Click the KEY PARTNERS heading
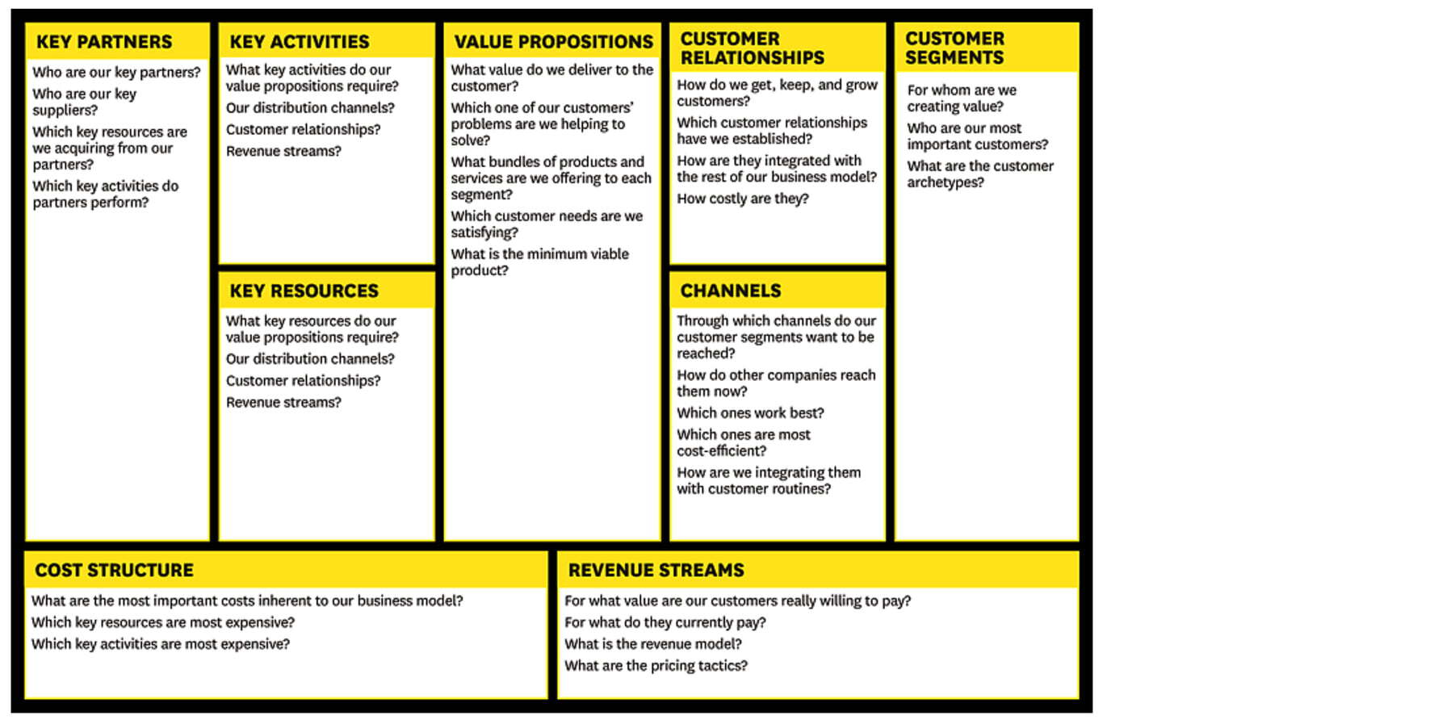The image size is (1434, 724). (104, 42)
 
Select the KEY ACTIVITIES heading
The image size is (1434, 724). (300, 42)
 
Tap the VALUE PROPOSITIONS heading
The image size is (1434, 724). (554, 42)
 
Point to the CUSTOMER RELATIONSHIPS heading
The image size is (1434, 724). (753, 48)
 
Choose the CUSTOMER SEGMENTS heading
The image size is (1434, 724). (954, 48)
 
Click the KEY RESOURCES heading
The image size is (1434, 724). (304, 291)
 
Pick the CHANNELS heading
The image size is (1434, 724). (731, 291)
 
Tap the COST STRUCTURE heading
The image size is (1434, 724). (114, 570)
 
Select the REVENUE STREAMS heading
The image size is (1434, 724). (656, 570)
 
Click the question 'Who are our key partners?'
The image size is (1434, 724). (116, 72)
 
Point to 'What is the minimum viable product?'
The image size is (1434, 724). (539, 262)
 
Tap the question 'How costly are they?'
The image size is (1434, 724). (743, 199)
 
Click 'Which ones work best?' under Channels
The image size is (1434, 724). (750, 413)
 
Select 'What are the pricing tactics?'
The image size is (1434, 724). (656, 666)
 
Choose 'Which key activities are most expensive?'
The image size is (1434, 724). (161, 644)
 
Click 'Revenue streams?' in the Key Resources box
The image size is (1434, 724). (283, 402)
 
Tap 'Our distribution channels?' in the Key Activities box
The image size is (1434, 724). (310, 107)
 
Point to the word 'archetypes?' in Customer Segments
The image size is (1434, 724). (946, 182)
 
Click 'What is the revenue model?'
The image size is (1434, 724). (653, 644)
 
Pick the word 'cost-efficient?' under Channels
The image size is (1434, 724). (721, 451)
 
